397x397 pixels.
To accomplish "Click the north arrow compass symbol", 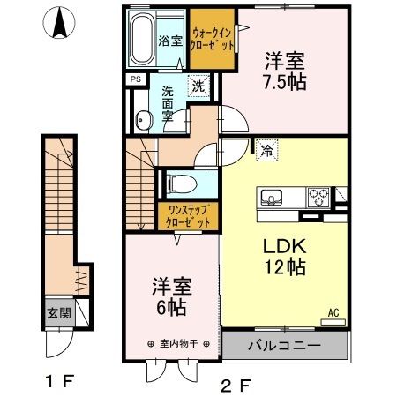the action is pos(59,23).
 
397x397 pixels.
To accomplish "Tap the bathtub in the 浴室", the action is pos(142,38).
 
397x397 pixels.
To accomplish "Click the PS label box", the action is pos(136,79).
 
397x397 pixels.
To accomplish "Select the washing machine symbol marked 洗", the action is pos(198,86).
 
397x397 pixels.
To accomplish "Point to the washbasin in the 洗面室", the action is pos(144,120).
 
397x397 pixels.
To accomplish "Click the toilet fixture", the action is pos(182,184).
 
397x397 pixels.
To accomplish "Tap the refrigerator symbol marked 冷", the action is pos(266,150).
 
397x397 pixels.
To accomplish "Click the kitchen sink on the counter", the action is pos(271,198).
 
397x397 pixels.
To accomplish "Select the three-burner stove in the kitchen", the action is pos(318,197).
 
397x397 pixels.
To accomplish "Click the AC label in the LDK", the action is pos(333,312).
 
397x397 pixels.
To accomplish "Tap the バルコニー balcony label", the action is pos(284,345).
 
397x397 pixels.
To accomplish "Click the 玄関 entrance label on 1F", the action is pos(59,313).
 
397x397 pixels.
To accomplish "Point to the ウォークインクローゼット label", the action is pos(212,39).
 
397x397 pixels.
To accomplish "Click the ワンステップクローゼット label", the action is pos(188,216).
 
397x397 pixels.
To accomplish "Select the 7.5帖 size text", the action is pos(284,81).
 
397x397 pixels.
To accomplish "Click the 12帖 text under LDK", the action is pos(285,266).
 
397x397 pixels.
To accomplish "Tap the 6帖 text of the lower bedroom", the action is pos(171,307).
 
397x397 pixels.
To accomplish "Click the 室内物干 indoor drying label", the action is pos(179,343).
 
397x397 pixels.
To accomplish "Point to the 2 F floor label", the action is pos(236,386).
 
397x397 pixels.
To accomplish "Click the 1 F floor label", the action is pos(60,381).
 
